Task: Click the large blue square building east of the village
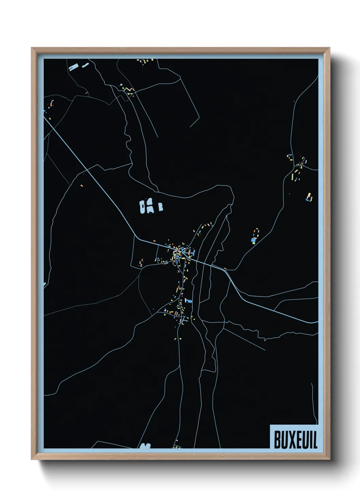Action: [253, 240]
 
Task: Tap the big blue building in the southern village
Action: [188, 301]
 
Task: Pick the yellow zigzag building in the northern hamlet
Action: [128, 90]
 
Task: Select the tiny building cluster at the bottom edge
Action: [177, 447]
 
